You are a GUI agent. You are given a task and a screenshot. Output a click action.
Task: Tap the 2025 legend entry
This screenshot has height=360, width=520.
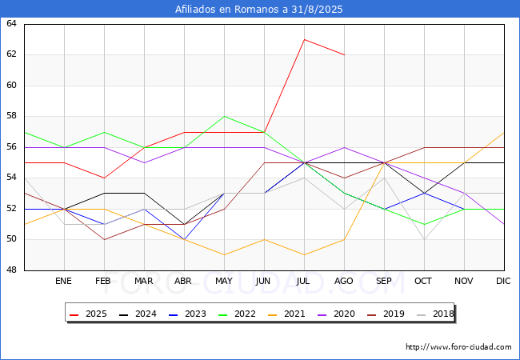click(x=88, y=314)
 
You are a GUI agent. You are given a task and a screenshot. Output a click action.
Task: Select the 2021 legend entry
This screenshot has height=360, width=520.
click(x=286, y=314)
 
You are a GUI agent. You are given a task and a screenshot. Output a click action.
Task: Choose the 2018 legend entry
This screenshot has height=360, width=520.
click(x=435, y=314)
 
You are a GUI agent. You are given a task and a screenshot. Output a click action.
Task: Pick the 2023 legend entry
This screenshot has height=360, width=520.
click(x=187, y=314)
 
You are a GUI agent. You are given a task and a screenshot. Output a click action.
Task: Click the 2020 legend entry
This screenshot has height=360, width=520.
click(x=336, y=314)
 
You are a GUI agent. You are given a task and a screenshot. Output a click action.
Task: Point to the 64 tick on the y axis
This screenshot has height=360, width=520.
click(x=11, y=23)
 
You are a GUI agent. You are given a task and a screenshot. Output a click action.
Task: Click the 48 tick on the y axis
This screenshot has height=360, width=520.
click(x=11, y=270)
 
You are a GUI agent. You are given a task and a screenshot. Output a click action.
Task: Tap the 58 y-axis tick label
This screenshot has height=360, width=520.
click(x=11, y=116)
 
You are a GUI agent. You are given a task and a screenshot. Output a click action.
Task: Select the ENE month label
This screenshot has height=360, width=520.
click(x=63, y=281)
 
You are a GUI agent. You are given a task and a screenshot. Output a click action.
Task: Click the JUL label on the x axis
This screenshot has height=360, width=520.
click(x=303, y=281)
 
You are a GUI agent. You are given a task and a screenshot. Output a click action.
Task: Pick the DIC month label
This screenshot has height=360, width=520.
click(x=503, y=281)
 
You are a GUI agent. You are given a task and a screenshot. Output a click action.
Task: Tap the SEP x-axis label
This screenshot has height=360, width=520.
click(x=384, y=281)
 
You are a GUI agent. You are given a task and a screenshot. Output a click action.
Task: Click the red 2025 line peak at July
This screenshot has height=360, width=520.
click(x=305, y=39)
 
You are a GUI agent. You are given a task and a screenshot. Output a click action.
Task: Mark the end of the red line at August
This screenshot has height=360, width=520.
click(x=344, y=54)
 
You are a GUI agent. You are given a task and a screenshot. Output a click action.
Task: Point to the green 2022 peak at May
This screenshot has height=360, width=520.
click(x=225, y=116)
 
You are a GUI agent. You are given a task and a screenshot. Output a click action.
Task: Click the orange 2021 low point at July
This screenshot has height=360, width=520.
click(x=305, y=255)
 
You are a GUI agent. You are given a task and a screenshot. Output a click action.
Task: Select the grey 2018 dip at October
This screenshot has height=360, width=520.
click(x=425, y=239)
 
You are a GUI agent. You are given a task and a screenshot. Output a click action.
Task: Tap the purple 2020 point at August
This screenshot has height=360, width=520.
click(x=344, y=147)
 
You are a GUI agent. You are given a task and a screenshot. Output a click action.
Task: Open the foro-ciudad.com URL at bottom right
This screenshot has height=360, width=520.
click(x=458, y=347)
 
